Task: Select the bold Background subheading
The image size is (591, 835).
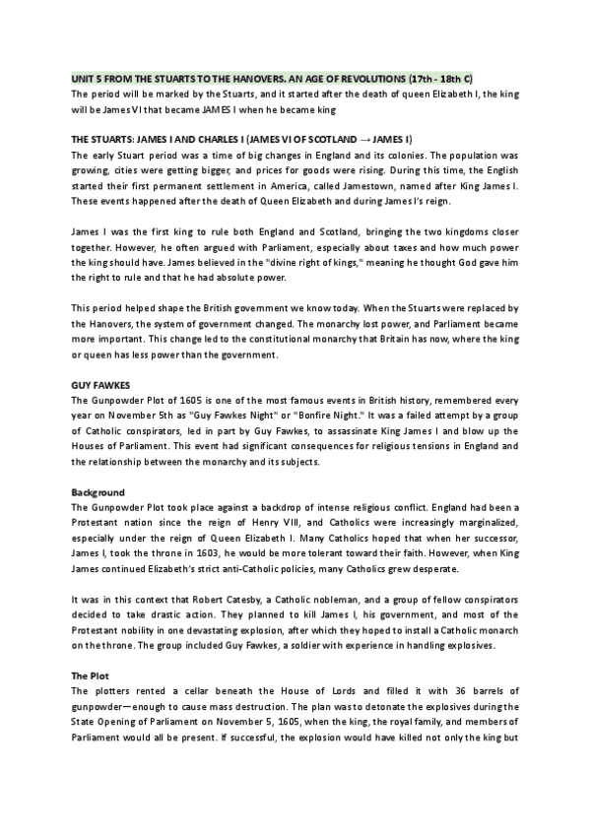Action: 98,490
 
